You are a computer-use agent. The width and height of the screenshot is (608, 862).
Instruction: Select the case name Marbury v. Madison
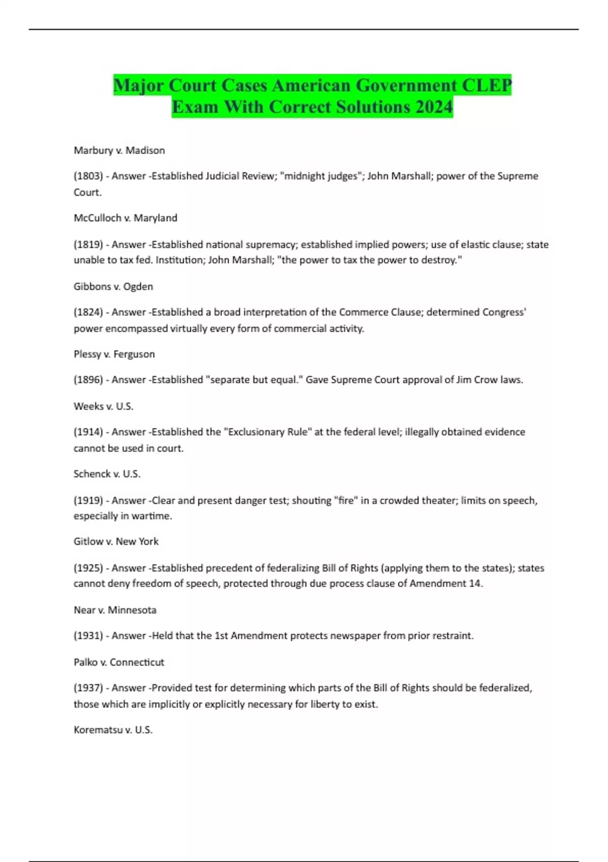119,150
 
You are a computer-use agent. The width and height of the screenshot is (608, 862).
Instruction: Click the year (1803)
88,176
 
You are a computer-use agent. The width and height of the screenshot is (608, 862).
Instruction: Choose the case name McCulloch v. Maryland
125,218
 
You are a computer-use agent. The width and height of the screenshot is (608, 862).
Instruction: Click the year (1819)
88,244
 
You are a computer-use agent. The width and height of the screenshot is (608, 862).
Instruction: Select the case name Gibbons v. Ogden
113,286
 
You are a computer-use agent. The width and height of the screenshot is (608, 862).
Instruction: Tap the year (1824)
88,312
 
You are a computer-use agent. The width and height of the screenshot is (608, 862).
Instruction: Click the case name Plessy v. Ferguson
114,354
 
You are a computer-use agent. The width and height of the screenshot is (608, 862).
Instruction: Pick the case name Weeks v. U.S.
103,406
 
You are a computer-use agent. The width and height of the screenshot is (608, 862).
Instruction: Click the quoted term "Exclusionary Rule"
268,432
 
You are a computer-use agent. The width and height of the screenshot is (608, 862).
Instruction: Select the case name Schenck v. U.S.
107,474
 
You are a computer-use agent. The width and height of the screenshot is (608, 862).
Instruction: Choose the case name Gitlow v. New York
116,542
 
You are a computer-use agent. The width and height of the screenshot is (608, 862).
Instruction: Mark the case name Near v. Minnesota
115,610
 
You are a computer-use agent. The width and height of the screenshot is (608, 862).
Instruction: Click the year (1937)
88,688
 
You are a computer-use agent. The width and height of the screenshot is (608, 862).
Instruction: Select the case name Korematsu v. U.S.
113,730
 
